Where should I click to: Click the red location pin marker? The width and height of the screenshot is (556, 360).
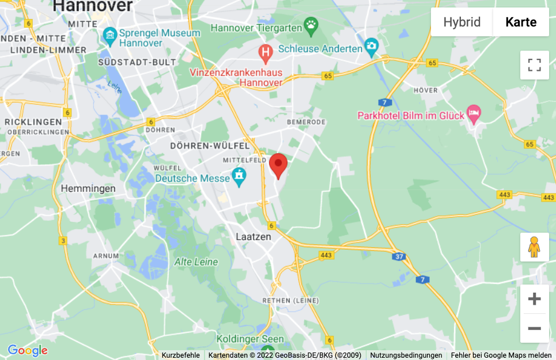278,165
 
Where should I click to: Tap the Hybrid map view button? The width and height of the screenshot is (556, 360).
462,22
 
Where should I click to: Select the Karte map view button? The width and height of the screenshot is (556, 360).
521,22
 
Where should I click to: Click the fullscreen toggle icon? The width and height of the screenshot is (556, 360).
534,65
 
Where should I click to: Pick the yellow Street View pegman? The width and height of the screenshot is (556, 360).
534,247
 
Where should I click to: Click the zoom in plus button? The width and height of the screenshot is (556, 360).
534,299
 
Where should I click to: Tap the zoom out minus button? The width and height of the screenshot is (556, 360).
534,328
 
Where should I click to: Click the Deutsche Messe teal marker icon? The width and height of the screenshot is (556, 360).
239,177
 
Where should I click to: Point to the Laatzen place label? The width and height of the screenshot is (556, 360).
254,237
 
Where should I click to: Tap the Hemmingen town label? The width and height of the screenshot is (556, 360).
88,188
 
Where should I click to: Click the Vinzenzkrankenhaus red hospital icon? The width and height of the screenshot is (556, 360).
266,54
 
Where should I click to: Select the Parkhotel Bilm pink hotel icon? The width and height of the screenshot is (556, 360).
474,113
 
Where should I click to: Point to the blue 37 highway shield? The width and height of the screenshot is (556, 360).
399,256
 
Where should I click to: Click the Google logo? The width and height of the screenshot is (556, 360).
27,350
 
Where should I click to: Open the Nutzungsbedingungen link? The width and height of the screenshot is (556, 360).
406,355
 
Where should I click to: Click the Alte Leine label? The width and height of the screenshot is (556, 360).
196,262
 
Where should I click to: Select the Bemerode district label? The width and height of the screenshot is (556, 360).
306,122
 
